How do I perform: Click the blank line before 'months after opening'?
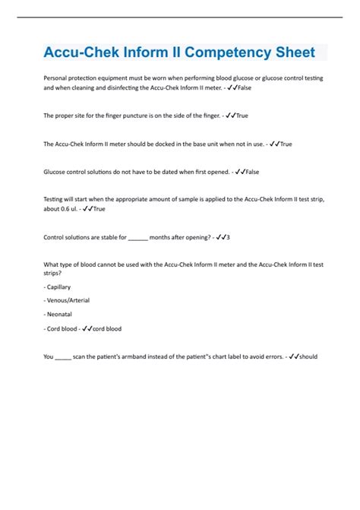tap(137, 236)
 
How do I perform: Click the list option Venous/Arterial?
tap(68, 300)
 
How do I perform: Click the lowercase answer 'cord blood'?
tap(106, 329)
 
